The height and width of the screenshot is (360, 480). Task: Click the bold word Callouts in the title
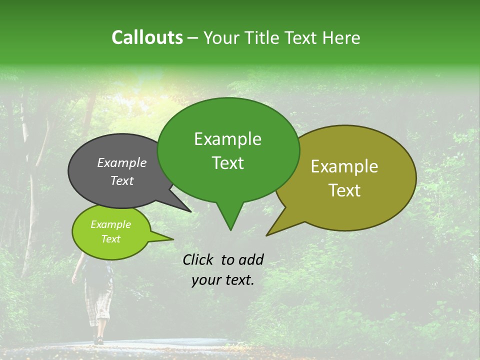click(147, 37)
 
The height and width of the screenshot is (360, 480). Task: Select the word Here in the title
click(340, 37)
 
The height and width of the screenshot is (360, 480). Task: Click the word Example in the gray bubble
click(121, 162)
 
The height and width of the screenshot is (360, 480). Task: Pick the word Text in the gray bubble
click(121, 180)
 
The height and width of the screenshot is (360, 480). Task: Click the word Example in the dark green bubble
click(227, 139)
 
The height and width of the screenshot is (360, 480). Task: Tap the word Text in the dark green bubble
click(227, 163)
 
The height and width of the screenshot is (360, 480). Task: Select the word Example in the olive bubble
click(344, 166)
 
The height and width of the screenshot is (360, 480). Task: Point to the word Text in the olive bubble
click(344, 190)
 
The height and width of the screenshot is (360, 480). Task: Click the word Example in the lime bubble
click(110, 224)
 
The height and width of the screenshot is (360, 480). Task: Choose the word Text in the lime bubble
click(110, 239)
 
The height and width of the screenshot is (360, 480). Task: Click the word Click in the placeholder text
click(199, 259)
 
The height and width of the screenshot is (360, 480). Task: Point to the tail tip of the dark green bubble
click(230, 230)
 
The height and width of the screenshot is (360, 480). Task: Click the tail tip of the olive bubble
click(266, 235)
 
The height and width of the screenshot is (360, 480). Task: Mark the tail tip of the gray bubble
click(191, 212)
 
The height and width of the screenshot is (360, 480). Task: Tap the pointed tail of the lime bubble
click(173, 239)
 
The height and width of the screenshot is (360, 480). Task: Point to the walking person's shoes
click(99, 340)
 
